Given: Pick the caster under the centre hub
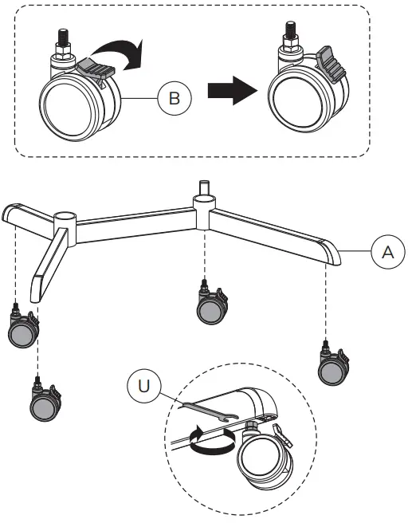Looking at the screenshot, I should tap(212, 307).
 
